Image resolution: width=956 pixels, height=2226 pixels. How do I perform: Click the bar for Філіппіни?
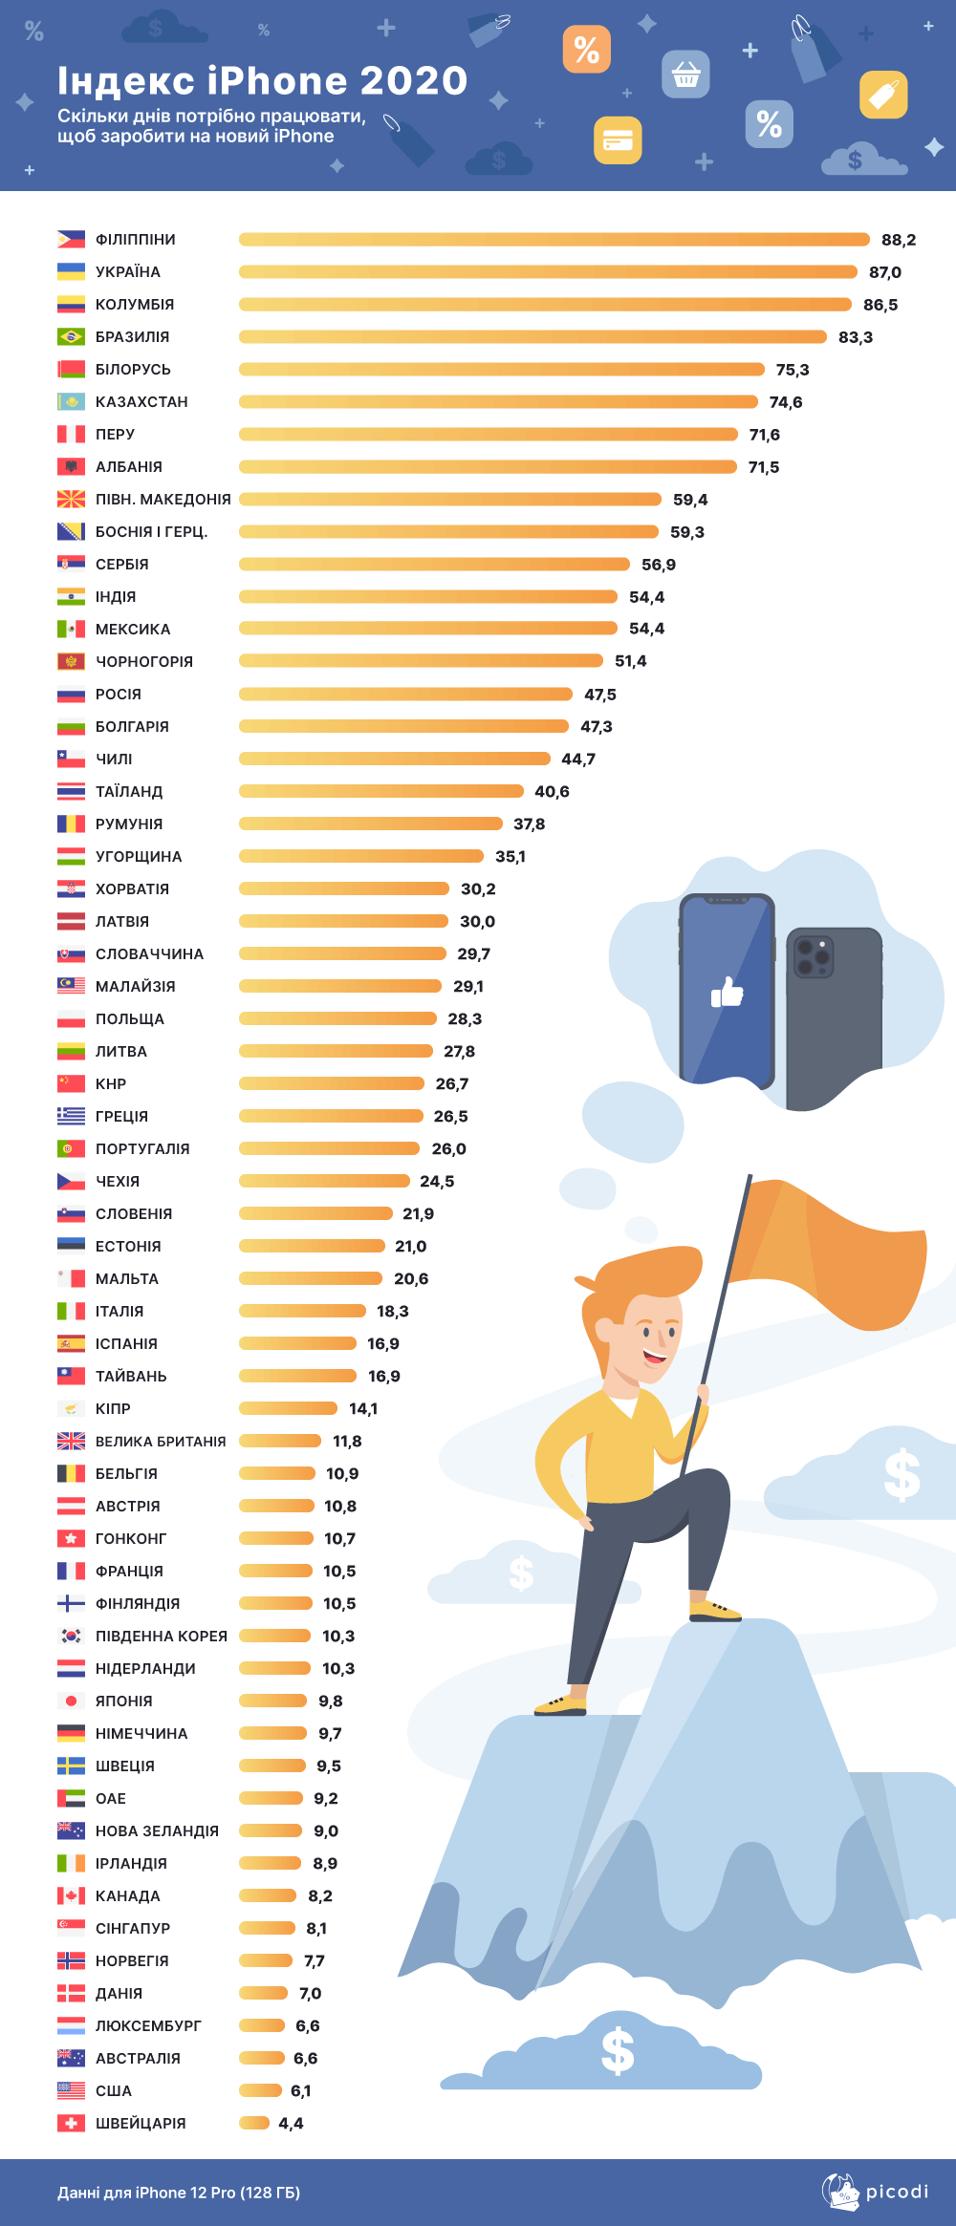point(554,239)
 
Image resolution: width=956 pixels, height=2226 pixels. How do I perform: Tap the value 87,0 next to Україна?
point(884,272)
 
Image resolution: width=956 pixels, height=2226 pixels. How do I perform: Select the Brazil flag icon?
point(71,336)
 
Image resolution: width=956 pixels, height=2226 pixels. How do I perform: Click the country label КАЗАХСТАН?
point(141,402)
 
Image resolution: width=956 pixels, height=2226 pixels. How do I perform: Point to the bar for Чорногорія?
point(421,661)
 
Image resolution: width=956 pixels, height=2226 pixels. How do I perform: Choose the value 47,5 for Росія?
point(600,695)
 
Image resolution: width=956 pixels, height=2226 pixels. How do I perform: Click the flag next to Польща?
point(71,1018)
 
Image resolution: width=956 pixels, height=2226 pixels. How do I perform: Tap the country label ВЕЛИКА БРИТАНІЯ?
point(161,1442)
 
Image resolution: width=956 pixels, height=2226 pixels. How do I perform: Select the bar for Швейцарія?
point(254,2123)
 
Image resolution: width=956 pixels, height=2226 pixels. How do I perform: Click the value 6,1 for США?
point(300,2091)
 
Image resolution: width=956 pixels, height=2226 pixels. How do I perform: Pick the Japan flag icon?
point(71,1701)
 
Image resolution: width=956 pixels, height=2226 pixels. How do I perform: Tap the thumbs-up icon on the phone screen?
point(727,994)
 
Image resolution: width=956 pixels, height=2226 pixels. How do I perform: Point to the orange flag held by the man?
point(832,1252)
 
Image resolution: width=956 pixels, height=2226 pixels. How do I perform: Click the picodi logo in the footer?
point(875,2192)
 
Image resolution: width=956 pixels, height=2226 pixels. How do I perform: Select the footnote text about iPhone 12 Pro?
point(179,2193)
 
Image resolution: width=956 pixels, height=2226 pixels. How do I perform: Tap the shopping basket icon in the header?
point(685,74)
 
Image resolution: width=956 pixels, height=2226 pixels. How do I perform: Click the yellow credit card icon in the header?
point(618,141)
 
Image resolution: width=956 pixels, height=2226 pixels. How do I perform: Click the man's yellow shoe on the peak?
point(714,1610)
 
